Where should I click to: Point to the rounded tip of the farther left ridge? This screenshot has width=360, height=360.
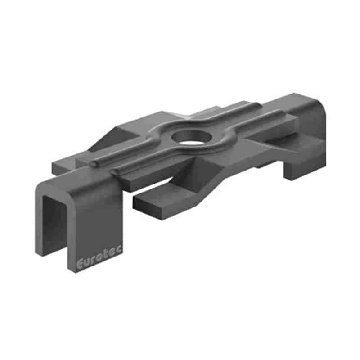(94, 163)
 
